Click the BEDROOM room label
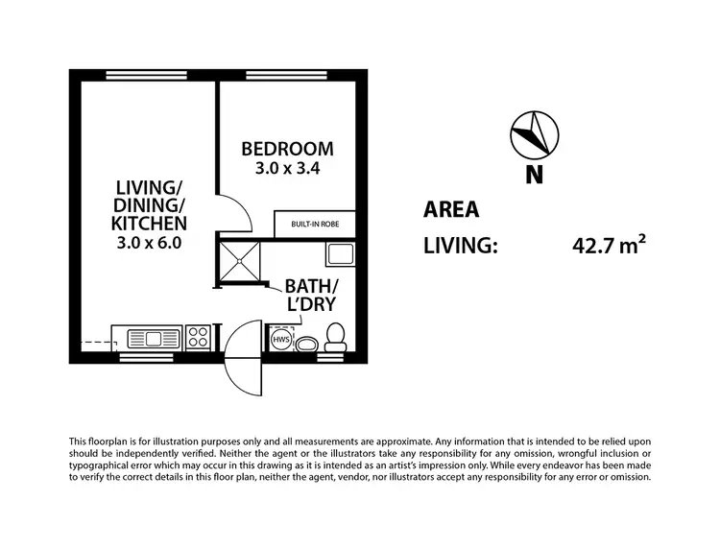[x=287, y=149]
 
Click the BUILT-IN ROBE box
[x=315, y=224]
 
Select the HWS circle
[x=282, y=342]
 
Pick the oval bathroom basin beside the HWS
[x=308, y=345]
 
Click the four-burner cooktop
[x=198, y=338]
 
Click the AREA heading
[x=451, y=210]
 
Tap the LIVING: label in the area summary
[x=461, y=247]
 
